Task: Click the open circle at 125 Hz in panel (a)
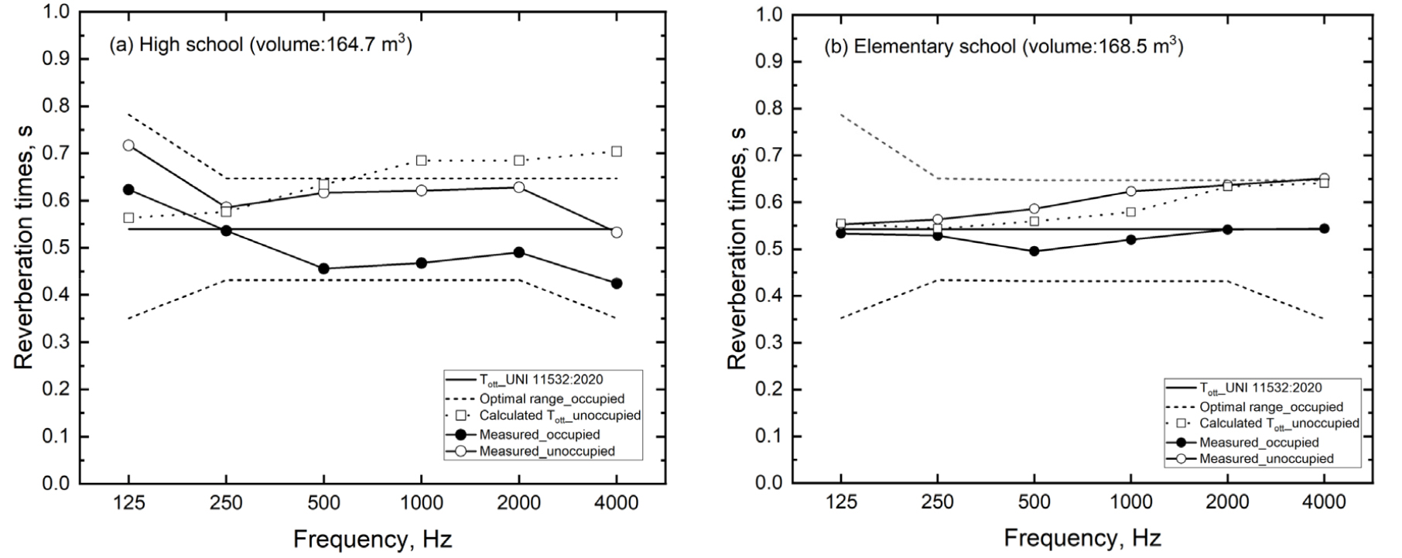click(128, 145)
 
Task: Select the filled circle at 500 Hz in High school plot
click(323, 269)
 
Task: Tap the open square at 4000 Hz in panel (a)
click(617, 151)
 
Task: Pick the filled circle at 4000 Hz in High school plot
click(617, 283)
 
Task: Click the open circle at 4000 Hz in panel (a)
click(617, 232)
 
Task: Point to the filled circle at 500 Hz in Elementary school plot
click(1034, 251)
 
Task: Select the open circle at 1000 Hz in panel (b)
click(1131, 191)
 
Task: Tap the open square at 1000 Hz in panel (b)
click(1131, 211)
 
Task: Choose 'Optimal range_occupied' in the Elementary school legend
click(1271, 407)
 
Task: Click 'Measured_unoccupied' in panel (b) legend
click(1267, 459)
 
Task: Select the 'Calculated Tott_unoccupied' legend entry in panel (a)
click(559, 416)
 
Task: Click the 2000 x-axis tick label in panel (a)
click(518, 504)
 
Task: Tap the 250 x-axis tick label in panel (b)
click(938, 503)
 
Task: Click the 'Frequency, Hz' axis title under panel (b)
click(1082, 538)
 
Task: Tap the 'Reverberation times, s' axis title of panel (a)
click(25, 248)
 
